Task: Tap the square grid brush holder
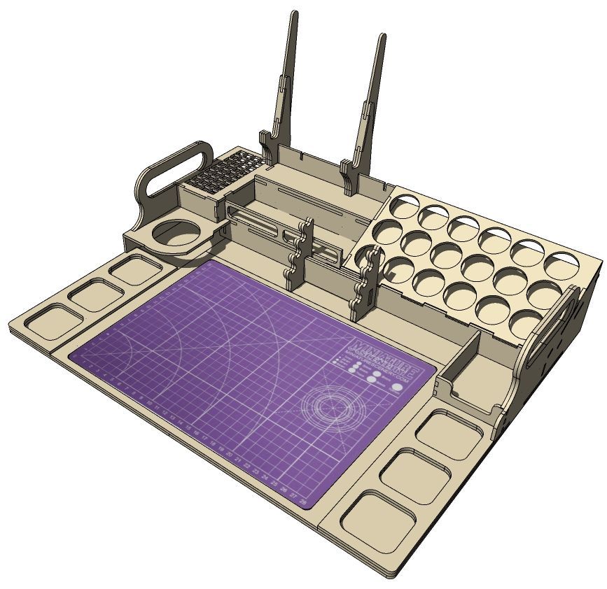[222, 171]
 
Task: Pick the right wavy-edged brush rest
[365, 283]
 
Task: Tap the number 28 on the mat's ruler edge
[303, 502]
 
